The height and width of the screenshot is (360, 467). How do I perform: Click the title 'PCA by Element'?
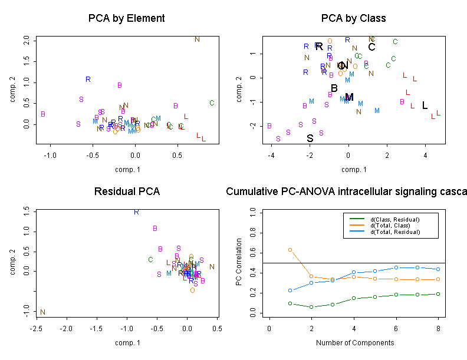click(x=126, y=18)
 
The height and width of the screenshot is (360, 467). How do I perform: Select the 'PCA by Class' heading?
click(x=353, y=18)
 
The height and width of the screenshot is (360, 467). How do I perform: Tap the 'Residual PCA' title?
click(x=126, y=191)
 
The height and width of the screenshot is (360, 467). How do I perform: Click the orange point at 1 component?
click(x=290, y=250)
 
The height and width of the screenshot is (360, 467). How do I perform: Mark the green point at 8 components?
click(x=438, y=293)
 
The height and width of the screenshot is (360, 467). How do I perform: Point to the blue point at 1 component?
click(x=290, y=290)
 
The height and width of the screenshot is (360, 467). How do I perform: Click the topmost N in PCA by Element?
click(x=198, y=39)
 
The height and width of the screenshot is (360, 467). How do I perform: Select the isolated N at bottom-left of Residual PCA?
click(x=43, y=312)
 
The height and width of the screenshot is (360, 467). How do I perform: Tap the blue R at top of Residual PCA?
click(x=136, y=212)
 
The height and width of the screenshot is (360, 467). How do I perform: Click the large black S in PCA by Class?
click(x=310, y=139)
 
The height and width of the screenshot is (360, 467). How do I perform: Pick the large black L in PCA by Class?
click(x=425, y=105)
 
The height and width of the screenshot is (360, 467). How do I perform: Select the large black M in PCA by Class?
click(x=349, y=97)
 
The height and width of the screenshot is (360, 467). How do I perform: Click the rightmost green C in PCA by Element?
click(x=212, y=103)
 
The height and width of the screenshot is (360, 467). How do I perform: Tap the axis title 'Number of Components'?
click(x=353, y=342)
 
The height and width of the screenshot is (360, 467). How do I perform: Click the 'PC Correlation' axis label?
click(x=239, y=262)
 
